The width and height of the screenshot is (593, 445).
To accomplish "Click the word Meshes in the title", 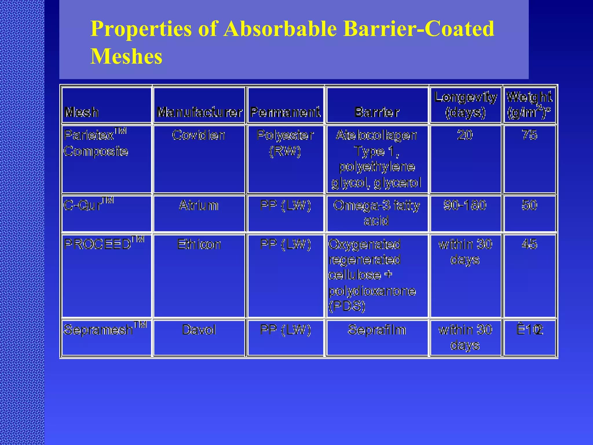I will tap(126, 56).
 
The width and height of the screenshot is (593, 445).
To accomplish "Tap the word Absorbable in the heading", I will tap(280, 29).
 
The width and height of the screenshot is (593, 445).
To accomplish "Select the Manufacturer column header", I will tap(199, 112).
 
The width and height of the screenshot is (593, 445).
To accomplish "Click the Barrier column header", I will tap(377, 112).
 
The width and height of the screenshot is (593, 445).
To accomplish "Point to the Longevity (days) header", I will tap(465, 105).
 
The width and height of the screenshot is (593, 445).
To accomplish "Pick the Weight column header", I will tap(529, 105).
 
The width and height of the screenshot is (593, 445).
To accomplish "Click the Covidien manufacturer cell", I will tap(199, 135).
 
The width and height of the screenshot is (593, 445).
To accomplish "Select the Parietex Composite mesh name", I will tap(96, 143).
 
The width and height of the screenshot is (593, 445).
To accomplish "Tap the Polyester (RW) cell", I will tap(285, 143).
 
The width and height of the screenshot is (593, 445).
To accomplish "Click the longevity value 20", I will tap(465, 135).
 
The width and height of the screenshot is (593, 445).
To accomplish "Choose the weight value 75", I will tap(529, 135).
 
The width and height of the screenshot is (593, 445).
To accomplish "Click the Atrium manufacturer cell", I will tap(199, 205).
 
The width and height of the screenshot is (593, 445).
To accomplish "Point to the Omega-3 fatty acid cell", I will tap(376, 213).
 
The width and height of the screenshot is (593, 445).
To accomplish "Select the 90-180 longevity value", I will tap(465, 205).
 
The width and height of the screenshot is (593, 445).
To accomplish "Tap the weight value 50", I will tap(529, 205).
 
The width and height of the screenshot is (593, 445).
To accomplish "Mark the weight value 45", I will tap(529, 245).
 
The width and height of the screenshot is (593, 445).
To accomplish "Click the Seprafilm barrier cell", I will tap(377, 330).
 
